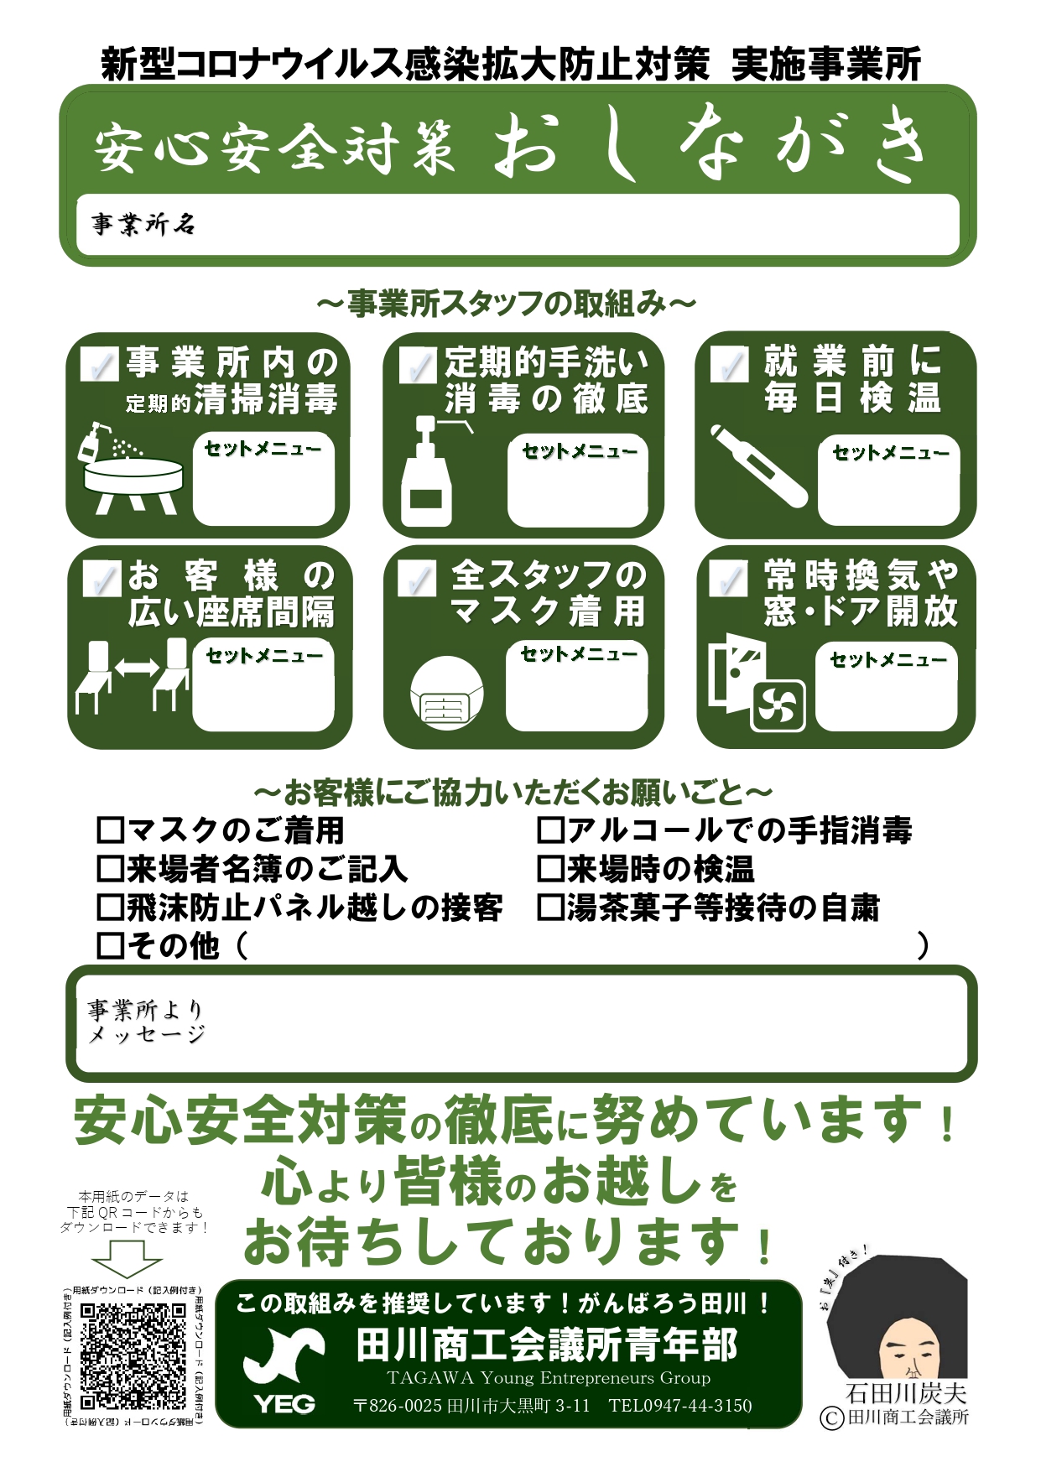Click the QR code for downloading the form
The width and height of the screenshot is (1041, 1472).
[133, 1356]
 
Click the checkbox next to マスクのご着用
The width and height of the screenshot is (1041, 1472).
[111, 830]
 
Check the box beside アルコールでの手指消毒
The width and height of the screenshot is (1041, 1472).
[550, 830]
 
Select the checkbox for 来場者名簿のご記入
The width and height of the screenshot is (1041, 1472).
[111, 869]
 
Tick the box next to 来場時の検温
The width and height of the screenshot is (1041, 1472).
[550, 869]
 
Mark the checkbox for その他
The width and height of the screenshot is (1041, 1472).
[111, 945]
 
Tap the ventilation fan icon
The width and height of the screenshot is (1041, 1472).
[778, 706]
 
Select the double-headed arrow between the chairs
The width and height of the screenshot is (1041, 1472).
[137, 668]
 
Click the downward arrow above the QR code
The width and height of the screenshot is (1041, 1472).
[126, 1259]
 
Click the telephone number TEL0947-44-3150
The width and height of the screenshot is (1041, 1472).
[680, 1406]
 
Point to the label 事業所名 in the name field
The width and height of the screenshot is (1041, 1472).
[143, 224]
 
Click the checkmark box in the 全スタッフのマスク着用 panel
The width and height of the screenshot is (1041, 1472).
[417, 580]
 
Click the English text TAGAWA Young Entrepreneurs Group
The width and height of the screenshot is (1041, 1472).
[549, 1378]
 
